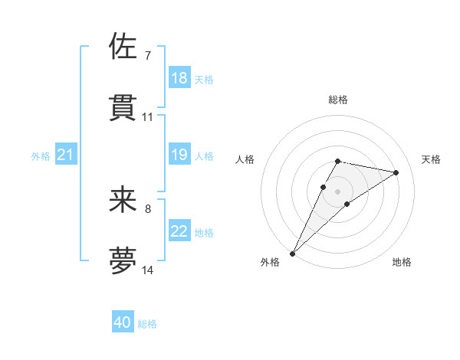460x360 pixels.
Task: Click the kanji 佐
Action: [123, 47]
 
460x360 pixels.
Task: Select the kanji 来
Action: [123, 199]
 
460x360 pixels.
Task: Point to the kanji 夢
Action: [123, 260]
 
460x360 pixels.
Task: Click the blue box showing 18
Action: [179, 77]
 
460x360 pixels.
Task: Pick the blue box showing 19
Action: [179, 155]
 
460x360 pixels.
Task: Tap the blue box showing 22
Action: [179, 231]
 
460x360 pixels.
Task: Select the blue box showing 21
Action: [66, 155]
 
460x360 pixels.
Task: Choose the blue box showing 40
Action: [123, 322]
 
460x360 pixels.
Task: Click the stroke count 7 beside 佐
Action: [147, 56]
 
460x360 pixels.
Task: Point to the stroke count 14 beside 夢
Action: [148, 270]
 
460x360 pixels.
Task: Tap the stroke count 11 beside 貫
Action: [148, 116]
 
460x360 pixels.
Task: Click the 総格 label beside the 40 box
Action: [147, 324]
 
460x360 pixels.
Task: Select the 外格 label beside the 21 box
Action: [41, 156]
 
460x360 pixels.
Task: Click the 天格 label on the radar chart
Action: [432, 159]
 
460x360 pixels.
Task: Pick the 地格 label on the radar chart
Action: [402, 262]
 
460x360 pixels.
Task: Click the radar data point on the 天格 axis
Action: [396, 172]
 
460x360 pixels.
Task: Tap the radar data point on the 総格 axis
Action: [337, 161]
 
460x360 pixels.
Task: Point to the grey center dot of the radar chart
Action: [337, 191]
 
